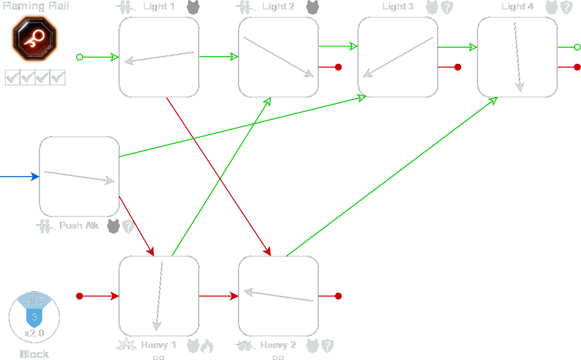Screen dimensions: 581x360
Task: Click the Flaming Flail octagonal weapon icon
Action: coord(35,39)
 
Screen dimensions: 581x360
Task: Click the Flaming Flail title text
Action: coord(36,6)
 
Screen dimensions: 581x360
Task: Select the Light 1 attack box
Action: coord(159,57)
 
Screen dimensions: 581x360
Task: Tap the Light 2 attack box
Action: coord(279,57)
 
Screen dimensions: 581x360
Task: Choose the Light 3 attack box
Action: coord(398,57)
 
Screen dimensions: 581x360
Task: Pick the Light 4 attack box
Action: coord(517,57)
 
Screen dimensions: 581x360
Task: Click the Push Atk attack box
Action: coord(79,176)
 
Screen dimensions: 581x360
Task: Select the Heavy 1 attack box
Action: coord(159,296)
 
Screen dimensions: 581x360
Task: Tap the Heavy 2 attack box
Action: coord(279,296)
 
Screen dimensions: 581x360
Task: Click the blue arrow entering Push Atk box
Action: coord(20,177)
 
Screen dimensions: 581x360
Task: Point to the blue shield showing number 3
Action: coord(34,318)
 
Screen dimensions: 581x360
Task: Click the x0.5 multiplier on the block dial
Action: coord(34,301)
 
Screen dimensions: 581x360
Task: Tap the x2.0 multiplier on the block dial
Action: coord(34,333)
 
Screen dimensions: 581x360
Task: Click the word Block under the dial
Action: coord(34,354)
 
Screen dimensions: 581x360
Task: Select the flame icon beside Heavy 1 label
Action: coord(207,346)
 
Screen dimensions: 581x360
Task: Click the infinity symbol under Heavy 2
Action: coord(278,358)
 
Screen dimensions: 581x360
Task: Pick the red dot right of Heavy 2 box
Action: coord(338,296)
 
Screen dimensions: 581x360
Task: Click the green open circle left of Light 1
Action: coord(80,57)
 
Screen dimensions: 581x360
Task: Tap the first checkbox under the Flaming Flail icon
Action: coord(12,77)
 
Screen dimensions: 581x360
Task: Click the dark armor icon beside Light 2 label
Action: coord(313,7)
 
